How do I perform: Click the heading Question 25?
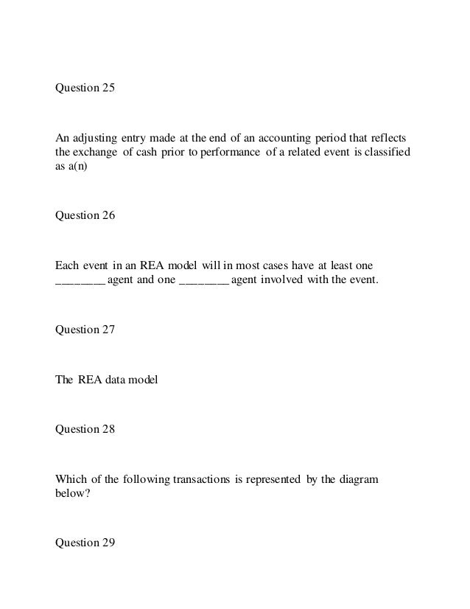(86, 88)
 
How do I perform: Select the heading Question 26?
(86, 215)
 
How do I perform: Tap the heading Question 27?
(86, 330)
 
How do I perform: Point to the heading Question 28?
(86, 429)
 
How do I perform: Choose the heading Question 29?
(86, 543)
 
